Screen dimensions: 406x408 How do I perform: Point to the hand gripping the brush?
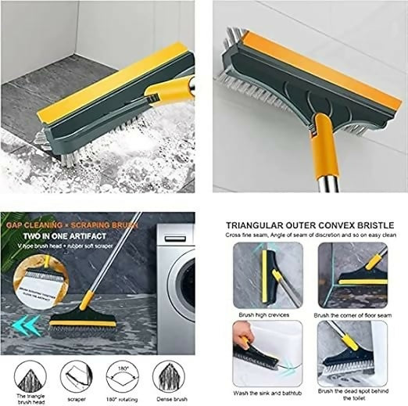244,342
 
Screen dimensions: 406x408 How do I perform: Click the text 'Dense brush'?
169,400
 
